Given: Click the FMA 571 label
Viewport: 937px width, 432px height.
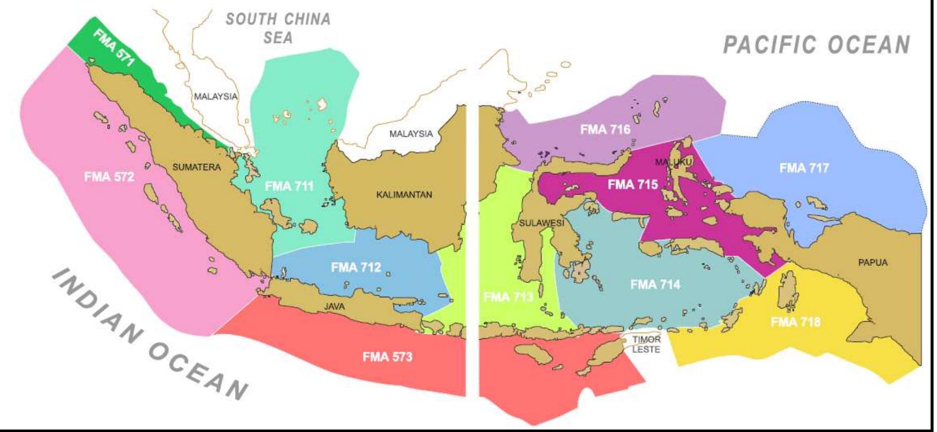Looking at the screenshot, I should (x=114, y=47).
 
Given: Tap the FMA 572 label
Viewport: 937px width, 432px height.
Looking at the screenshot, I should (x=109, y=177).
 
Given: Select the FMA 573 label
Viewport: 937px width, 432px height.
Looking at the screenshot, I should (x=387, y=356).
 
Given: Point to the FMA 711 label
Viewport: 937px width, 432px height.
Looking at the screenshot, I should (x=289, y=186).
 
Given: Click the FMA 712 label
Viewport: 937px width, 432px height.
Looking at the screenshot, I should (x=356, y=268).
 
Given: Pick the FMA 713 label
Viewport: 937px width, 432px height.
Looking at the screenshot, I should (x=508, y=297).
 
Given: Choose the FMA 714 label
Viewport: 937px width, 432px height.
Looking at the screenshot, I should (x=655, y=285).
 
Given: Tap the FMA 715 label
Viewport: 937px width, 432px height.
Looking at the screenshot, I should (x=632, y=185).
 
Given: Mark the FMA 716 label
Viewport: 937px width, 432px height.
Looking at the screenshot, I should (x=605, y=129).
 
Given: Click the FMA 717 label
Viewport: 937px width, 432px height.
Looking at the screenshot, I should (x=804, y=168).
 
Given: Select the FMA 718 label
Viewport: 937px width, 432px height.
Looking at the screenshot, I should (x=795, y=322).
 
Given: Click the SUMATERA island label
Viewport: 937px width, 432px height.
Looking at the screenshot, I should (x=196, y=167).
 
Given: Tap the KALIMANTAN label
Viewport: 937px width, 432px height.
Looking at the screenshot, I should (x=404, y=195).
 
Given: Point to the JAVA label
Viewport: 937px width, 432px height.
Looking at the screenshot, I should (x=334, y=307).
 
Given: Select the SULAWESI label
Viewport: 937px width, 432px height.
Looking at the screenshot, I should (x=541, y=223).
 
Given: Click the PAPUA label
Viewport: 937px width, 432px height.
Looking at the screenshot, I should (x=872, y=263).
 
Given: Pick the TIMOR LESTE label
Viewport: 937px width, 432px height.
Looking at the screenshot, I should (x=646, y=345).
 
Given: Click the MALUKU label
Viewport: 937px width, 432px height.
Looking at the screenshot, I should (x=673, y=162).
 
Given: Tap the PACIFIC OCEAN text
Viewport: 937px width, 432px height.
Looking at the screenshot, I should (x=816, y=45).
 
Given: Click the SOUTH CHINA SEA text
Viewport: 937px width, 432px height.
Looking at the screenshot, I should (x=278, y=28).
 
